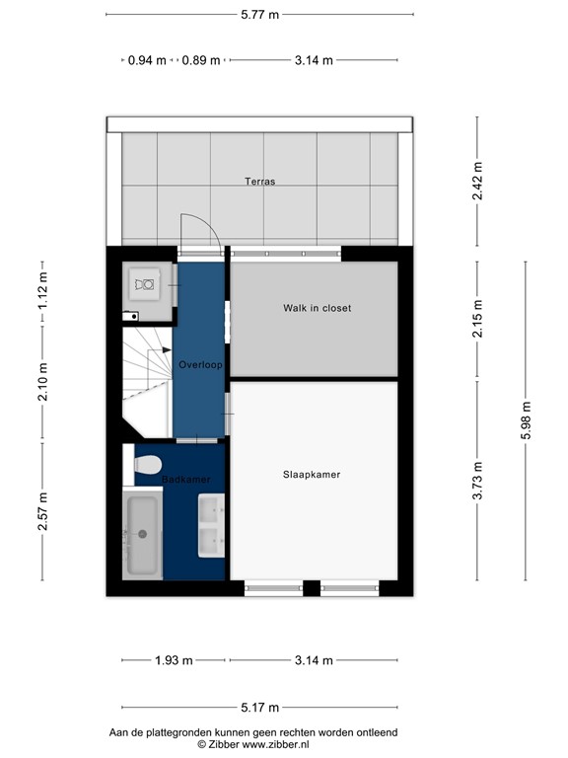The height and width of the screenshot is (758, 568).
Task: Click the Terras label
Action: pyautogui.click(x=260, y=182)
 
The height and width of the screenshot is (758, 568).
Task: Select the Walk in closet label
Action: pyautogui.click(x=317, y=308)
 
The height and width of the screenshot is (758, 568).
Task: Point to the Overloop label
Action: pyautogui.click(x=200, y=365)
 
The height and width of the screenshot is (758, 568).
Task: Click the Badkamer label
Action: pyautogui.click(x=186, y=480)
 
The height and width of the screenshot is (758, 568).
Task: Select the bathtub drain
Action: pyautogui.click(x=142, y=534)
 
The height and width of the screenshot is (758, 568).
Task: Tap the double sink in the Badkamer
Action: pyautogui.click(x=211, y=526)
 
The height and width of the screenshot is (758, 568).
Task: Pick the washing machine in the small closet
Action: pyautogui.click(x=146, y=284)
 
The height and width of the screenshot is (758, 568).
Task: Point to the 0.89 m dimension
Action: pyautogui.click(x=201, y=60)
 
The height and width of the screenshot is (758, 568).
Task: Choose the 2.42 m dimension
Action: pyautogui.click(x=477, y=182)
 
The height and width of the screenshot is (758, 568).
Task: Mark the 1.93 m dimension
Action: pyautogui.click(x=175, y=661)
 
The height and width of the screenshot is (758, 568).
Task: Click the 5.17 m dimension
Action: pyautogui.click(x=260, y=708)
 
